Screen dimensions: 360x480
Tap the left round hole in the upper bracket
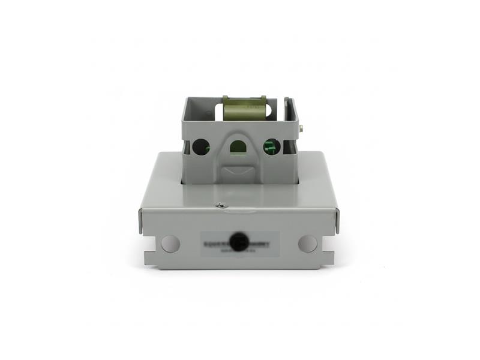(201, 146)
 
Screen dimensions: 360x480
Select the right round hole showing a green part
(272, 146)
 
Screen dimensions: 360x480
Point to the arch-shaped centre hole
(238, 146)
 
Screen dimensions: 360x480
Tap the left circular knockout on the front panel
(170, 244)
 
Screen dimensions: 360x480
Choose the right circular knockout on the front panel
(308, 243)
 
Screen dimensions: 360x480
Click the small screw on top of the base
(221, 206)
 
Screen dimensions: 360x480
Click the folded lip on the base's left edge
(141, 221)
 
